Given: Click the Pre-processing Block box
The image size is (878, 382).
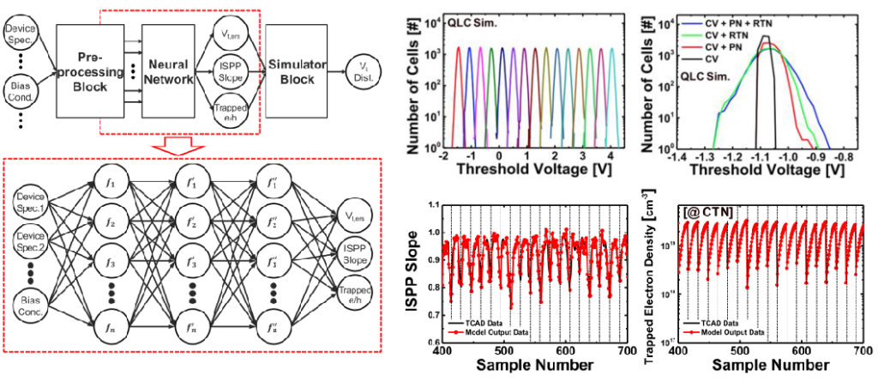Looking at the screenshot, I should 83,71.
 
